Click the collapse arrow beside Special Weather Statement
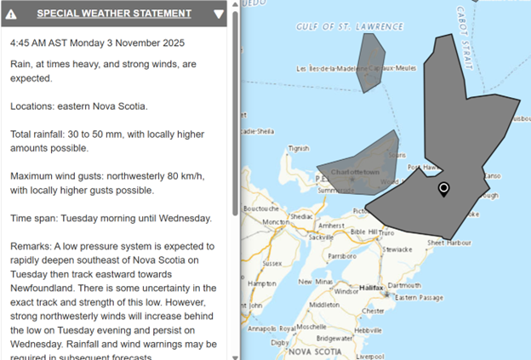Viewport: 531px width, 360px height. click(x=220, y=14)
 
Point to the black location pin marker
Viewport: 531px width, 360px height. click(x=443, y=189)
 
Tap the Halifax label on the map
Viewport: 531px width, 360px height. click(x=372, y=289)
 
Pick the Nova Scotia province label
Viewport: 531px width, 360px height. click(x=314, y=351)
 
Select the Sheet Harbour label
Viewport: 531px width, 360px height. click(x=448, y=243)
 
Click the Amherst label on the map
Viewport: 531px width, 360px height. click(x=329, y=225)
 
